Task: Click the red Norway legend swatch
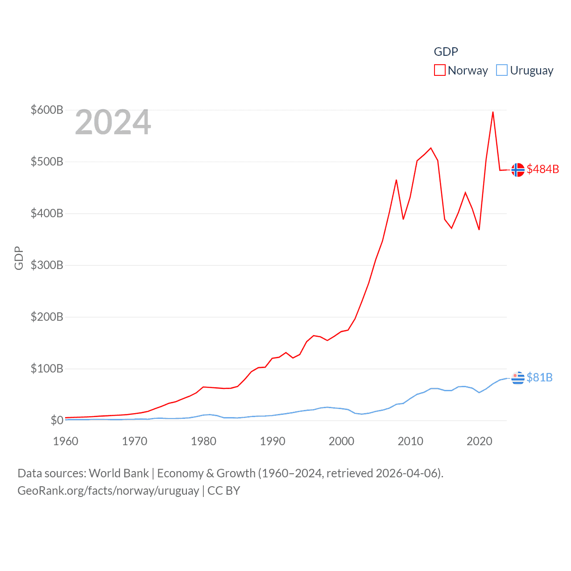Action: [439, 70]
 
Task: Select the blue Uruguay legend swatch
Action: [502, 70]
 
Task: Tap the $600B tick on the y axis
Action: [47, 110]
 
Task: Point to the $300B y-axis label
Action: [47, 265]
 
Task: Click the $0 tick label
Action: [57, 420]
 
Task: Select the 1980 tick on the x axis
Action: [203, 441]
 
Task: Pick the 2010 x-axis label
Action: [410, 441]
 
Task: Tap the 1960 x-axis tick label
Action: [66, 441]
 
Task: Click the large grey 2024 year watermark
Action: [113, 122]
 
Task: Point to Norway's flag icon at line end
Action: [518, 170]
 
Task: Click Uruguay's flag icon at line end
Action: [518, 378]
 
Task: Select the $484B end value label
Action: [542, 169]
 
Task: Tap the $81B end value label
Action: [539, 377]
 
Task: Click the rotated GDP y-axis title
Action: [19, 258]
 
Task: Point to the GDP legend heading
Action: [446, 52]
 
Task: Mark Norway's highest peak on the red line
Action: [492, 112]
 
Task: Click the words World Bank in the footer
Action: [119, 473]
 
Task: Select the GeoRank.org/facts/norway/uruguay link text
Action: [108, 491]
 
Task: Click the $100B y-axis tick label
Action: [47, 368]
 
